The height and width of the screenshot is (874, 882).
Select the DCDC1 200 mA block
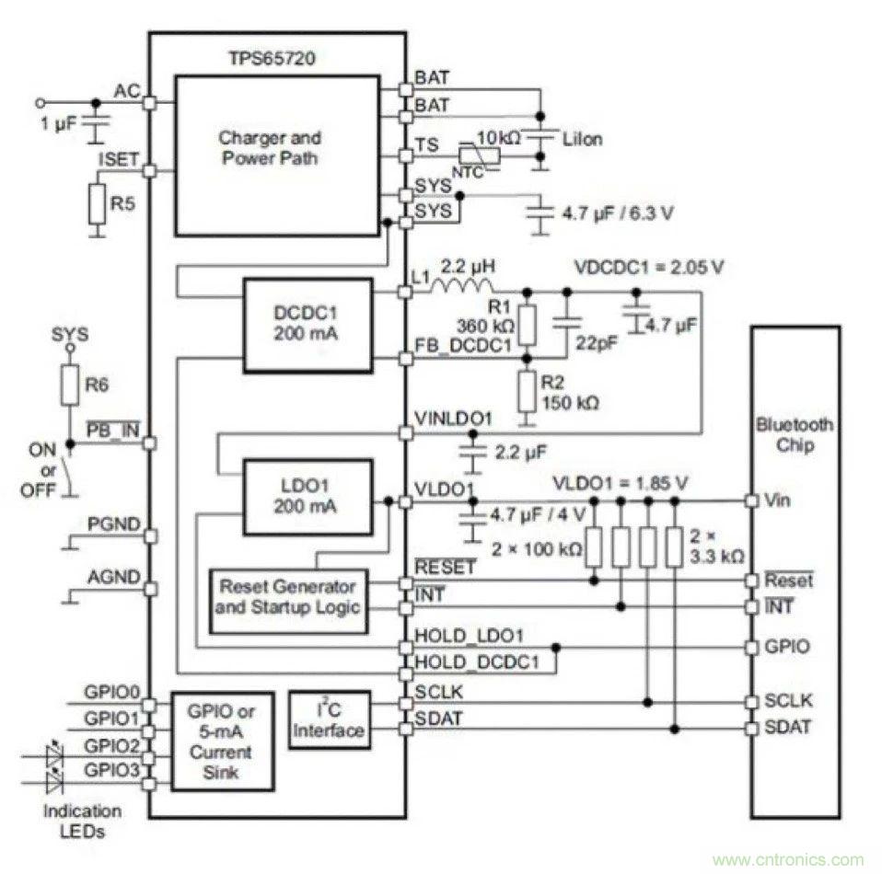(307, 321)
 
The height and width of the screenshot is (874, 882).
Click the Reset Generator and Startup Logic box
(287, 597)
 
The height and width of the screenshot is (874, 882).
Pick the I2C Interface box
(329, 719)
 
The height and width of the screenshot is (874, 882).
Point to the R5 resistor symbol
(97, 204)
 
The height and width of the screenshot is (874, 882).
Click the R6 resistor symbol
(69, 385)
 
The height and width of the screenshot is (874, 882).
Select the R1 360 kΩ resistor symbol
(527, 322)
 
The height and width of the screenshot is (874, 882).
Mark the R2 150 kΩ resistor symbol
(527, 392)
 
